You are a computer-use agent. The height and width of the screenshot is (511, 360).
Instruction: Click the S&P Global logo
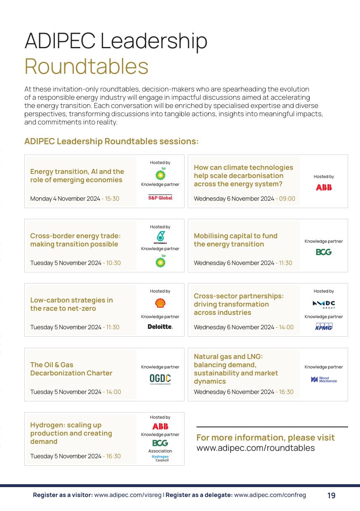[160, 198]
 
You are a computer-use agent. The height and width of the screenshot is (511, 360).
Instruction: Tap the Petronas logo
[160, 237]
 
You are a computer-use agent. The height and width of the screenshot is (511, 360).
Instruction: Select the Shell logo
[160, 303]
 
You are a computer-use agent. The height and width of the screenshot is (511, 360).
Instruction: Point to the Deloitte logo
[160, 327]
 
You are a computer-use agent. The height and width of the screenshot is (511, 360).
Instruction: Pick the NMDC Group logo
[324, 305]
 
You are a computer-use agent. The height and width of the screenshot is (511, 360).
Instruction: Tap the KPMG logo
[324, 327]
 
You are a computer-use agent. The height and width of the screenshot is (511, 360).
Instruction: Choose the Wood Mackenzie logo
[324, 380]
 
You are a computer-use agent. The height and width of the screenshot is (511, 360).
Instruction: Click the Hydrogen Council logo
[160, 458]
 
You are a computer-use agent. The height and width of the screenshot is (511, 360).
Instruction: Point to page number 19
[331, 496]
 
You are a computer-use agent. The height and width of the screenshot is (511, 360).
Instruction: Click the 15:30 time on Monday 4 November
[112, 199]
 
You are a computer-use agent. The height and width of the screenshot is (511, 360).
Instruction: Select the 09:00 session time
[287, 199]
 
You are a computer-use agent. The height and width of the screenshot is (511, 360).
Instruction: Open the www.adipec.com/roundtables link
[255, 448]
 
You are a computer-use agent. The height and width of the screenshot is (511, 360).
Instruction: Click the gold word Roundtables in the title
[86, 66]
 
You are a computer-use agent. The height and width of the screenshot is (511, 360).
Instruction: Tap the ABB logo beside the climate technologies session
[324, 188]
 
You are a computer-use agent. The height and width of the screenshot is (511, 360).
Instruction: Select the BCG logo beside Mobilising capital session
[324, 252]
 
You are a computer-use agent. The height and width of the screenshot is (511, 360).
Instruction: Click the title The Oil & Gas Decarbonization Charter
[71, 369]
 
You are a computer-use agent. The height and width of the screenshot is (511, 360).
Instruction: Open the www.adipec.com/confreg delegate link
[270, 495]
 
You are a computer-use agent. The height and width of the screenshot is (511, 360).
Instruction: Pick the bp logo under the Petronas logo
[160, 261]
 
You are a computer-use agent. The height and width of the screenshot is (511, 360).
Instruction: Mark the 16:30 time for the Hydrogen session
[114, 456]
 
